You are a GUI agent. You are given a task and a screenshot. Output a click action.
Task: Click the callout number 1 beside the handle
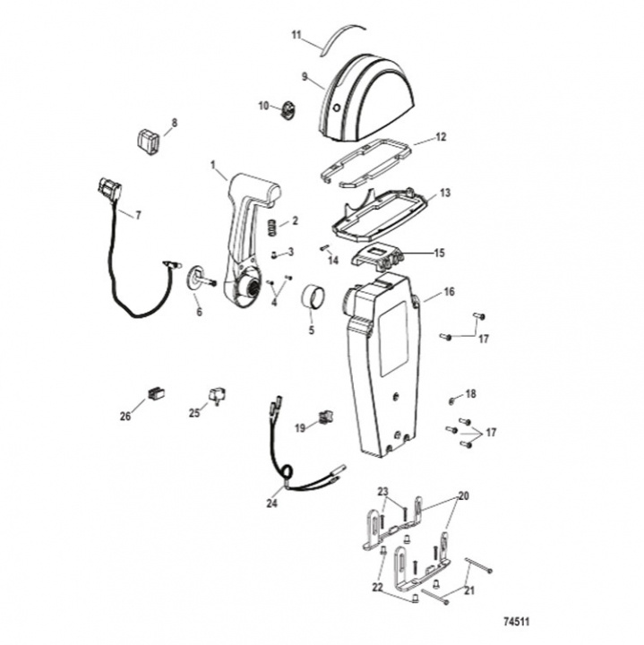[213, 165]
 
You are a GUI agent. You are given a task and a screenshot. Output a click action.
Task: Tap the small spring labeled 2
[271, 227]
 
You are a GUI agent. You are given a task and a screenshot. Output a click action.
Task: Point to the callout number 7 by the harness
[138, 215]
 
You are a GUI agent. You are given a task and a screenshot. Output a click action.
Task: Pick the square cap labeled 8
[149, 142]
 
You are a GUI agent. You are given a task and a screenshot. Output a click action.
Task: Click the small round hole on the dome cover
[337, 108]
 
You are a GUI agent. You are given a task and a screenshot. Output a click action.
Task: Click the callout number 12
[441, 136]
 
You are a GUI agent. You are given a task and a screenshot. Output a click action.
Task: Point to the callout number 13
[445, 193]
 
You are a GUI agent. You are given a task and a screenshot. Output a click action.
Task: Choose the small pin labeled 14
[324, 248]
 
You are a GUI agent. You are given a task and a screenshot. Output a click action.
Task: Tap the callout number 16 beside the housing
[449, 292]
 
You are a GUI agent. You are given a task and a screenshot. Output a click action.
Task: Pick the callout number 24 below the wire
[271, 503]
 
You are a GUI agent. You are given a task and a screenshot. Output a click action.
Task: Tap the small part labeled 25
[218, 395]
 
